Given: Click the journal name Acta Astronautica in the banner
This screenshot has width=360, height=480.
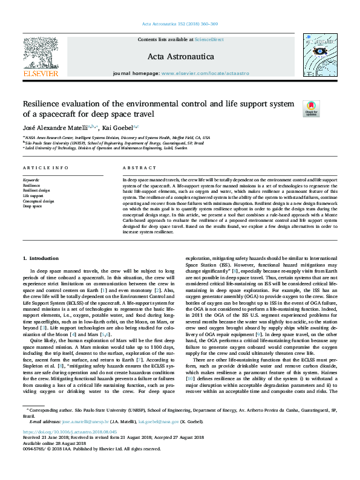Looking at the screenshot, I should tap(180, 56).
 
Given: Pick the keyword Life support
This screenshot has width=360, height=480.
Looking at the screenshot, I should tap(33, 196).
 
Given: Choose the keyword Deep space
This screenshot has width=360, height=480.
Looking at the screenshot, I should tap(33, 206).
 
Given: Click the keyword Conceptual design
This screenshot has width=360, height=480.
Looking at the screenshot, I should tap(38, 201).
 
